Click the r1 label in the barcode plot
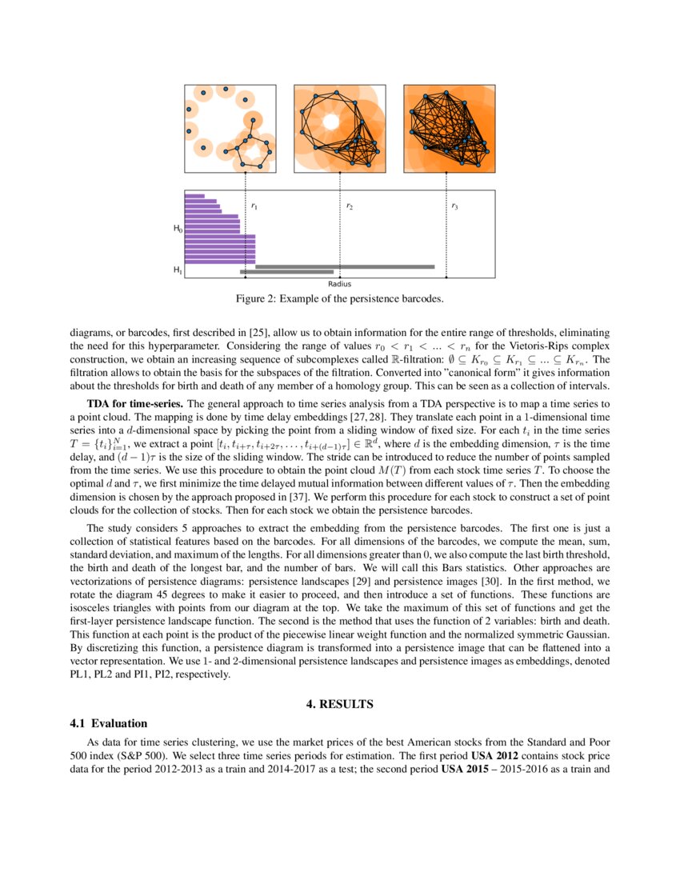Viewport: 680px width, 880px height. [254, 206]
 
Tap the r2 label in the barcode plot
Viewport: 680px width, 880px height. [350, 206]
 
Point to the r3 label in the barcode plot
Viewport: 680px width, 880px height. [454, 206]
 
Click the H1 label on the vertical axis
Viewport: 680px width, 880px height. [178, 271]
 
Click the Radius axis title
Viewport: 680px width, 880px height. [339, 284]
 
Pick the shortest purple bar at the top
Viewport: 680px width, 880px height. [194, 196]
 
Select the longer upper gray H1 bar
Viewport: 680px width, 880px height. [345, 266]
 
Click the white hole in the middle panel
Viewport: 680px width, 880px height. [330, 122]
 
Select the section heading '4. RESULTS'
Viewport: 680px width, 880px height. [339, 704]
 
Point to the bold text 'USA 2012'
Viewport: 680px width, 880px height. [494, 756]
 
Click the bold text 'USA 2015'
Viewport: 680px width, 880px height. [465, 768]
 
